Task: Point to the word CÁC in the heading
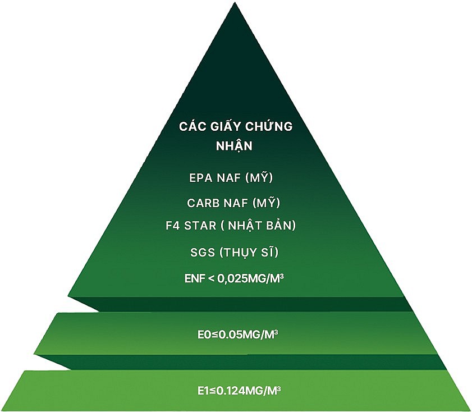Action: (191, 126)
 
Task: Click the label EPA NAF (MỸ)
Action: (231, 178)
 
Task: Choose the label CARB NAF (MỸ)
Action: (233, 202)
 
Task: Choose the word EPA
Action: (200, 178)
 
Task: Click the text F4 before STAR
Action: (172, 226)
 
